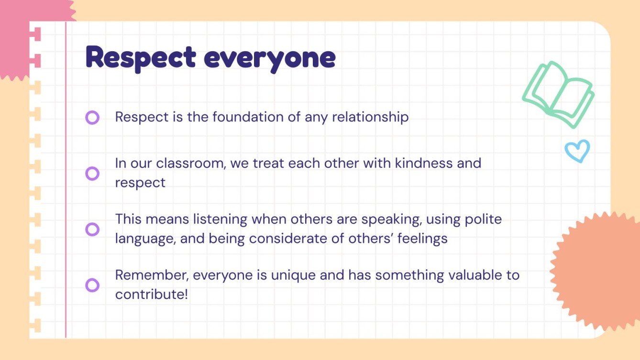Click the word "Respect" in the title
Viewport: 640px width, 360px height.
[x=141, y=58]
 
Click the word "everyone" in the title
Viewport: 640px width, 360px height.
[x=270, y=59]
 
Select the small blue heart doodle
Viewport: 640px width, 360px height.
[x=577, y=151]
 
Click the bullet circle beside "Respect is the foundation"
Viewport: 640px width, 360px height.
[x=92, y=118]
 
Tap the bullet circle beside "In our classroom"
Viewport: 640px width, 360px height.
[x=92, y=173]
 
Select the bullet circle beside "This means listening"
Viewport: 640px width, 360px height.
[x=92, y=229]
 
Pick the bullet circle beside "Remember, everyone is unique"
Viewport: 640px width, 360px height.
[x=92, y=285]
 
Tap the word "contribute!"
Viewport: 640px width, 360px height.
[x=152, y=295]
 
